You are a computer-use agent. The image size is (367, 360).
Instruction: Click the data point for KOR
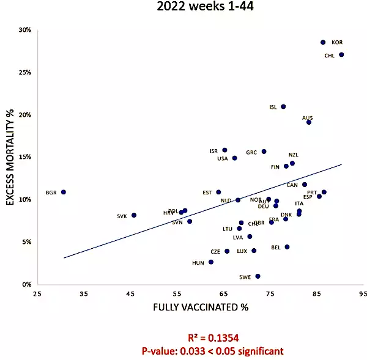click(323, 42)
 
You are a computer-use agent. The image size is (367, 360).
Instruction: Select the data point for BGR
click(63, 192)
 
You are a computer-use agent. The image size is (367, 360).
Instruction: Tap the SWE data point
click(258, 276)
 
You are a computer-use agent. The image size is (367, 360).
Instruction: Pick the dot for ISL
click(283, 106)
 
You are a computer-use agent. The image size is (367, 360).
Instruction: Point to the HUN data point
click(211, 262)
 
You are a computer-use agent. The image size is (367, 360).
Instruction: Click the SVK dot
click(134, 215)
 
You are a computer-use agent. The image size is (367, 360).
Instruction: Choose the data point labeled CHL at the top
click(341, 54)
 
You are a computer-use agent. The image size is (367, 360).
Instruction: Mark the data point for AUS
click(309, 122)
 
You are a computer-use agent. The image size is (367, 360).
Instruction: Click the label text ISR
click(213, 151)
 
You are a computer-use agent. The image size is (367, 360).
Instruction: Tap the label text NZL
click(294, 155)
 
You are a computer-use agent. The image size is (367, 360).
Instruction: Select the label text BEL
click(275, 248)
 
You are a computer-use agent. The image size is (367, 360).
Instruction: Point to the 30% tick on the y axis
click(25, 30)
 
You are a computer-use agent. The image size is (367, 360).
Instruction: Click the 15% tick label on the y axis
click(25, 157)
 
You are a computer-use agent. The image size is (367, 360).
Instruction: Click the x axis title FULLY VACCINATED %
click(200, 307)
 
